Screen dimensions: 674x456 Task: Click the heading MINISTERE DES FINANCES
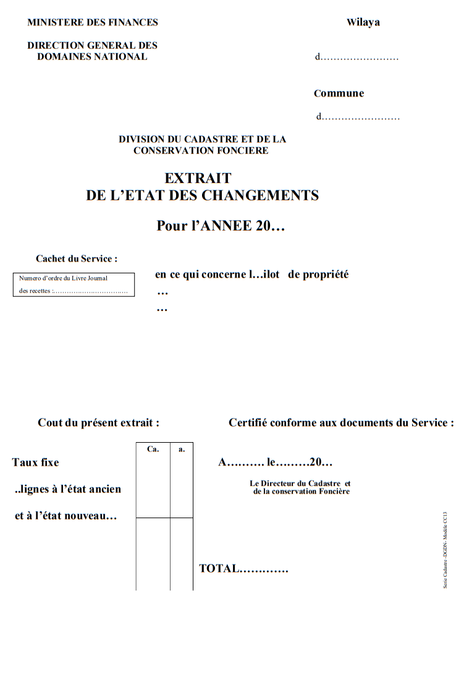tap(93, 23)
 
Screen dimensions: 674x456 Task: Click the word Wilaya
tap(363, 23)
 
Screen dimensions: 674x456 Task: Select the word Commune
tap(339, 94)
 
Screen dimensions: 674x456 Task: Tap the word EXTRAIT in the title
tap(198, 179)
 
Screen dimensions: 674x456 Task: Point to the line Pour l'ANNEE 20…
tap(221, 226)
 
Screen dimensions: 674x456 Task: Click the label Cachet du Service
tap(76, 259)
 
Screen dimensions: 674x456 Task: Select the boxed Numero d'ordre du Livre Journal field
tap(74, 285)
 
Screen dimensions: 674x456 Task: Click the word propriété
tap(318, 275)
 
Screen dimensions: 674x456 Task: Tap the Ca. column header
tap(153, 450)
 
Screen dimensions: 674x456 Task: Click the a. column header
tap(182, 450)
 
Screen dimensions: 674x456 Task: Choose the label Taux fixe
tap(35, 463)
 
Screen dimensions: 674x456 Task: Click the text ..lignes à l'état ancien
tap(67, 490)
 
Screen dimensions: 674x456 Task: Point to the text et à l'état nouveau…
tap(65, 516)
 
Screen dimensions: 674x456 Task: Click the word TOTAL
tap(219, 569)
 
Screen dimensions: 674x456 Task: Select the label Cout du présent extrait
tap(98, 423)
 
